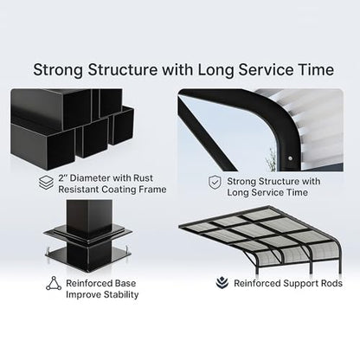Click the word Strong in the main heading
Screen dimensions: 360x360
(58, 70)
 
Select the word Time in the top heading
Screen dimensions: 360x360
(315, 70)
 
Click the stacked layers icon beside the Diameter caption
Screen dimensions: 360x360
(46, 183)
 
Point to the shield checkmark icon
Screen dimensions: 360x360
(215, 183)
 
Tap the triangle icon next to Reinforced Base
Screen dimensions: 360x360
(54, 283)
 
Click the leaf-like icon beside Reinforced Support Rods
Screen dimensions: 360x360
(222, 283)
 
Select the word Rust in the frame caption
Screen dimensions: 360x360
(143, 178)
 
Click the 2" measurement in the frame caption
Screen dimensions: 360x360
(62, 177)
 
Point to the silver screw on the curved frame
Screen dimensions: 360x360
(291, 158)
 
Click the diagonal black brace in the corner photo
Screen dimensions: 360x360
(208, 133)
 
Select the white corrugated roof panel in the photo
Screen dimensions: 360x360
(317, 127)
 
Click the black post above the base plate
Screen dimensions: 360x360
(89, 215)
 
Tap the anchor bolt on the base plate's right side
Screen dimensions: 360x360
(126, 248)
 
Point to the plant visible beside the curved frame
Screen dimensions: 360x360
(271, 159)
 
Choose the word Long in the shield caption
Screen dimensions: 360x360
(238, 193)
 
